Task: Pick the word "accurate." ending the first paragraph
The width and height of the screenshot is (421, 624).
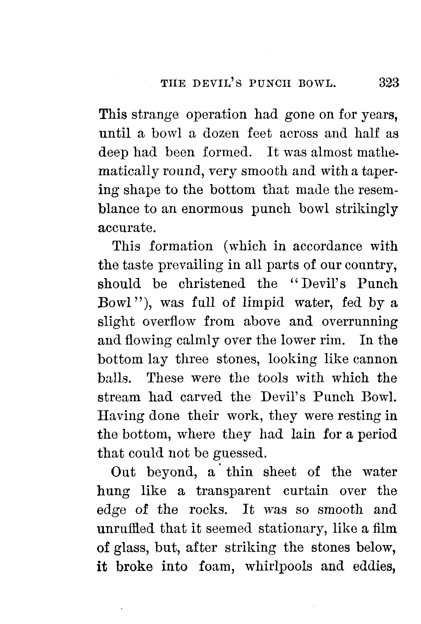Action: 127,228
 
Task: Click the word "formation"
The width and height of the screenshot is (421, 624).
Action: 181,246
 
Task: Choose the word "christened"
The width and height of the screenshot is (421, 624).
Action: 212,284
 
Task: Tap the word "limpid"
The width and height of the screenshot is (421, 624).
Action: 264,303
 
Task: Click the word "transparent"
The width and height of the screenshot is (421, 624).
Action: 233,491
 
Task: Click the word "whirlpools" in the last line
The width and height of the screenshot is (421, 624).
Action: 278,567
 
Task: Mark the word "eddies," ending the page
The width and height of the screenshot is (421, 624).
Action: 374,567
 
